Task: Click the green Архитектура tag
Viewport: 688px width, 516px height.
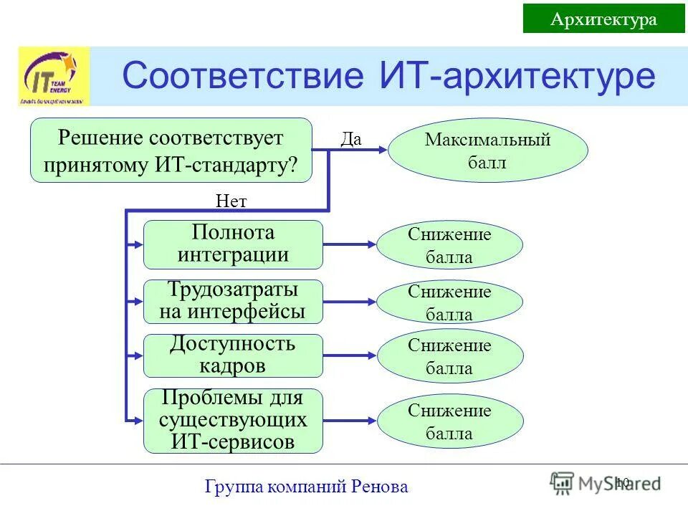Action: pos(603,19)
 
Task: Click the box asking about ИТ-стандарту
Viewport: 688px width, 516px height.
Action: pos(171,150)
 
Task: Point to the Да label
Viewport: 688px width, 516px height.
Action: pos(351,139)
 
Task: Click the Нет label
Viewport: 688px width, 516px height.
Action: pos(231,201)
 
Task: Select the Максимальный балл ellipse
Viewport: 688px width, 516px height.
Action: pos(487,150)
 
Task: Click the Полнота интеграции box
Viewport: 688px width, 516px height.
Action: pos(233,244)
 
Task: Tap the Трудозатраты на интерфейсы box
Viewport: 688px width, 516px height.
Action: pos(233,302)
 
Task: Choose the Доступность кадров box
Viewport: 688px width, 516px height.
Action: pos(233,355)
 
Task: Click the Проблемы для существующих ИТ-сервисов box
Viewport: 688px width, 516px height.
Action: pos(233,421)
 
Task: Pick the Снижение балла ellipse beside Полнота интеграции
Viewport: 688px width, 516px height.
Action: pos(449,245)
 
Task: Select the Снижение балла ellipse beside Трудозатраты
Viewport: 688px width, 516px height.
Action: pos(449,302)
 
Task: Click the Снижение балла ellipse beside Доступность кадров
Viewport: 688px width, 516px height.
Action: pos(449,356)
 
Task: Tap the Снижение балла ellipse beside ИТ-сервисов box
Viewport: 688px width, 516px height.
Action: pos(449,421)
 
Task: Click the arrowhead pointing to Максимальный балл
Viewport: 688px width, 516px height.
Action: pos(383,149)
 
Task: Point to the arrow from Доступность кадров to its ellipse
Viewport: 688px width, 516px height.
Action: pos(349,355)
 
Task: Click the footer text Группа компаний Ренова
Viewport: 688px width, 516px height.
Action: pos(306,487)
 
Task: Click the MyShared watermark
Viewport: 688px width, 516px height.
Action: pos(606,483)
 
